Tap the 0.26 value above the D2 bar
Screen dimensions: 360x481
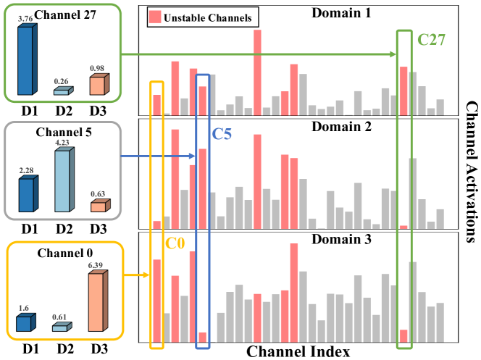point(62,81)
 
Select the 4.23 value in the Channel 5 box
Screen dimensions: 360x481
point(63,143)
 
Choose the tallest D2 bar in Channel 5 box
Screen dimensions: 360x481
point(64,181)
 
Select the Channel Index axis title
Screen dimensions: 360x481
point(298,351)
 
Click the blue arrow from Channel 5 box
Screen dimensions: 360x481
point(156,156)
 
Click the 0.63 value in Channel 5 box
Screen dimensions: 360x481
point(97,193)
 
